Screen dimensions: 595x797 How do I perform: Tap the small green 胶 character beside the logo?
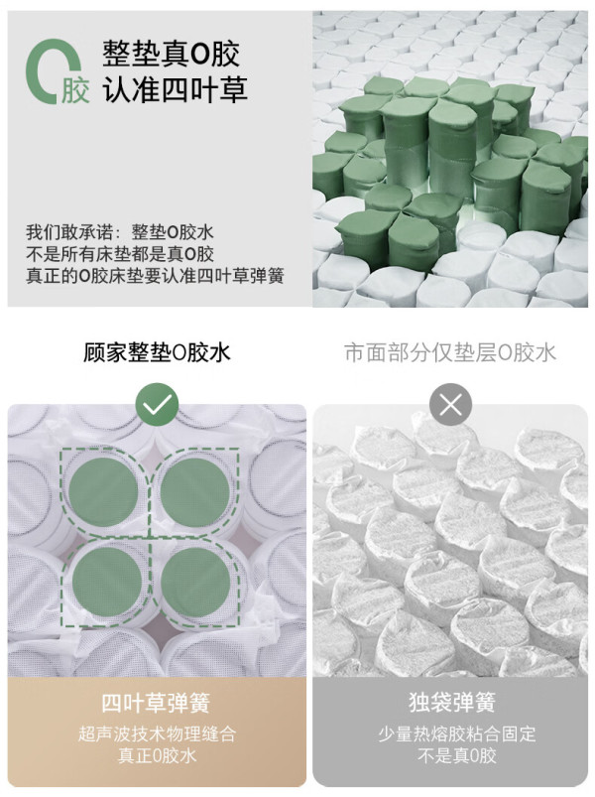click(75, 90)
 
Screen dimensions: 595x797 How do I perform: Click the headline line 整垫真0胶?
click(172, 54)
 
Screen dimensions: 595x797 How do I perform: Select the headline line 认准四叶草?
click(176, 89)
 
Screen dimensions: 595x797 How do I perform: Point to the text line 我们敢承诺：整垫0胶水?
click(120, 232)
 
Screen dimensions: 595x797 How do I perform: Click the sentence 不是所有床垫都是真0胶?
click(120, 254)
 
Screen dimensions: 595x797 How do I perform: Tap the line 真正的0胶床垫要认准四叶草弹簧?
click(155, 276)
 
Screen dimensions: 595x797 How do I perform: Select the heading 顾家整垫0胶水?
click(157, 352)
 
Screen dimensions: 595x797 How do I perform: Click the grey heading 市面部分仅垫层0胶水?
click(450, 352)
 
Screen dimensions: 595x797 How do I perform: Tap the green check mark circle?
click(157, 405)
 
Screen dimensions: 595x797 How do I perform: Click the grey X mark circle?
click(450, 405)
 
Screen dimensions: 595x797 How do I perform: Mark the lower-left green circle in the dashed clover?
click(107, 582)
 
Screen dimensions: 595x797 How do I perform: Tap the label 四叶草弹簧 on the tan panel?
click(156, 703)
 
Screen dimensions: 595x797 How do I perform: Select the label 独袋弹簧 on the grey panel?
click(452, 703)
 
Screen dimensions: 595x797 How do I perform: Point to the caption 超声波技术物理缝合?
click(157, 733)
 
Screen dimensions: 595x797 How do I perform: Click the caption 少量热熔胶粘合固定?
click(456, 733)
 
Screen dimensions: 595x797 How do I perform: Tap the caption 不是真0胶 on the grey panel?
click(456, 756)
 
